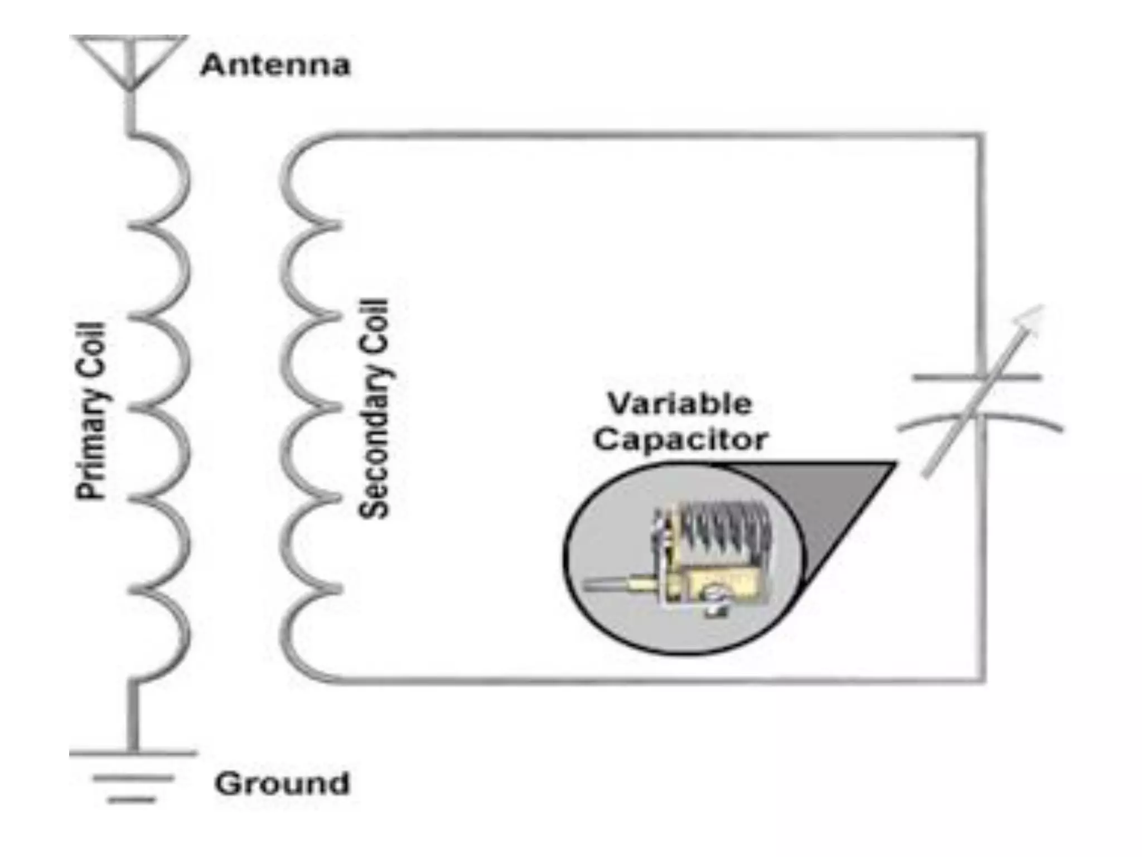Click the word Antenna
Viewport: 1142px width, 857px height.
tap(275, 65)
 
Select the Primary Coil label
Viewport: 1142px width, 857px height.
tap(90, 411)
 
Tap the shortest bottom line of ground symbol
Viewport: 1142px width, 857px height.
tap(132, 800)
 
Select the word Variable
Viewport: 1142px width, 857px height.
tap(680, 403)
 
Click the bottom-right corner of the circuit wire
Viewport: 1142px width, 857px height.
tap(982, 680)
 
